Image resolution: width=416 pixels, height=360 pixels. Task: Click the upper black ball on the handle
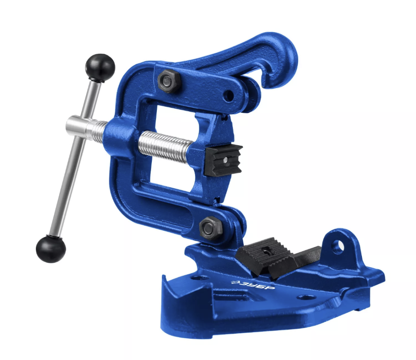tap(100, 67)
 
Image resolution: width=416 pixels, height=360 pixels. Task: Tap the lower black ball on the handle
tap(51, 249)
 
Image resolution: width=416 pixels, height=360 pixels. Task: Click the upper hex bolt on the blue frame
tap(168, 81)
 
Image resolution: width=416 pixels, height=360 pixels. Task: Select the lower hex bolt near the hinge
tap(210, 228)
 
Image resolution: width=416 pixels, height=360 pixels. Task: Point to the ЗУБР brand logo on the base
tap(253, 285)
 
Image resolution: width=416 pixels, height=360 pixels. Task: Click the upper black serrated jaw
tap(223, 160)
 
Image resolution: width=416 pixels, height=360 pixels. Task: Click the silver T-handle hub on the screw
tap(79, 125)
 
